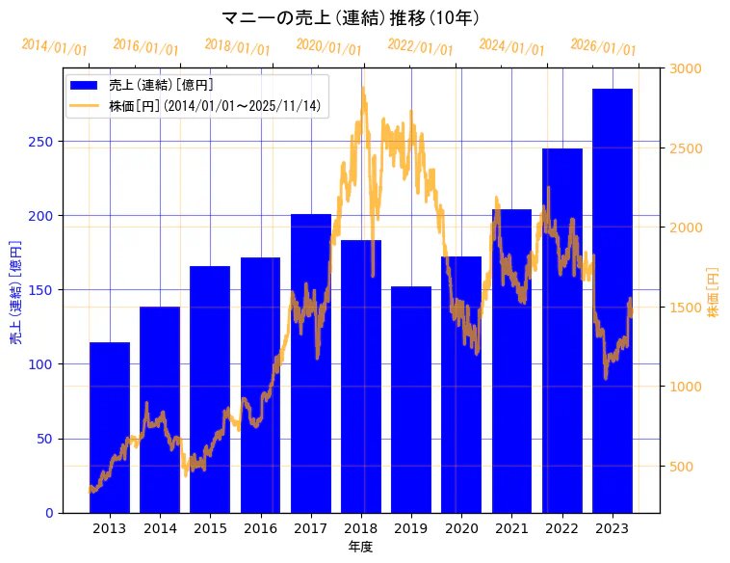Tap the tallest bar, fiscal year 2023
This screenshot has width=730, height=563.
613,300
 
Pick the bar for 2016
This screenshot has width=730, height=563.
260,385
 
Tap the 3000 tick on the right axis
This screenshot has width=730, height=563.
687,68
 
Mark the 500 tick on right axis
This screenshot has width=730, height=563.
683,467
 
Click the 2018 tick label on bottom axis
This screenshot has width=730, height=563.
361,528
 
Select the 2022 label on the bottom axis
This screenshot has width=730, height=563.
561,528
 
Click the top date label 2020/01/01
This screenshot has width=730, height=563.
329,46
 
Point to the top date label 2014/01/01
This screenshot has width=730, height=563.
54,46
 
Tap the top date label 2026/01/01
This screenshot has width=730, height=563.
603,46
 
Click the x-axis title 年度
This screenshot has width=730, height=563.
361,547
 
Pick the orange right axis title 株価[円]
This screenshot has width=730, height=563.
713,294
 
